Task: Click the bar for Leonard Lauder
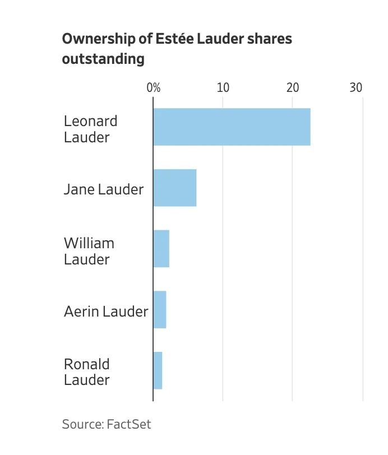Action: tap(232, 127)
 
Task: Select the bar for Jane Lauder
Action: tap(175, 188)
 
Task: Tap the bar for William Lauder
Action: tap(161, 249)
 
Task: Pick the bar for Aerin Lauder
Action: tap(160, 310)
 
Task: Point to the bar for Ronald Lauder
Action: tap(158, 370)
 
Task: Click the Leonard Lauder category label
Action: tap(91, 129)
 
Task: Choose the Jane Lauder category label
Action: tap(104, 189)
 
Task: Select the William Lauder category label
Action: tap(89, 251)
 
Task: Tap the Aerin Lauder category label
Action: tap(106, 312)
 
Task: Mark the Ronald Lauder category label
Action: tap(86, 372)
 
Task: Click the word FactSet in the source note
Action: tap(128, 424)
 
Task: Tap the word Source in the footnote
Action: tap(82, 424)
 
